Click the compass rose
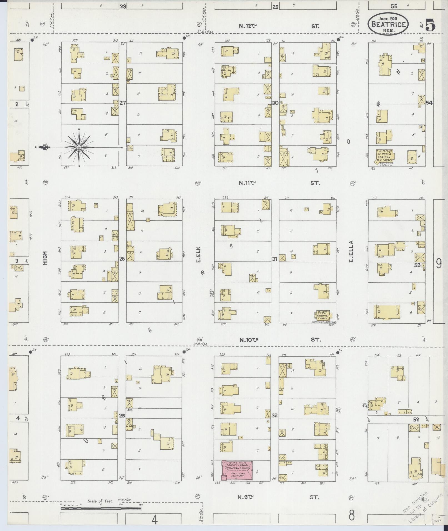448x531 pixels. (x=79, y=147)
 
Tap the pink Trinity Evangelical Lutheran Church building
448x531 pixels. (x=237, y=470)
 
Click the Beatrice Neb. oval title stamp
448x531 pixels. (x=389, y=24)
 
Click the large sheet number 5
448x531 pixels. (x=430, y=26)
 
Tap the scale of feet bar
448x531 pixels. (x=101, y=509)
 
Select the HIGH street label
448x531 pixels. (x=45, y=258)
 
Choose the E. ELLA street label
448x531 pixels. (x=351, y=255)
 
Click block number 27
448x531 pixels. (x=122, y=103)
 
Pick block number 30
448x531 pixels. (x=275, y=103)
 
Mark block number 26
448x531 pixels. (x=122, y=259)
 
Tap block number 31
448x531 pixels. (x=275, y=259)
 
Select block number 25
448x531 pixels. (x=122, y=416)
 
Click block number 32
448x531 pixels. (x=275, y=416)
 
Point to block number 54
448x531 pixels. (x=429, y=103)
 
